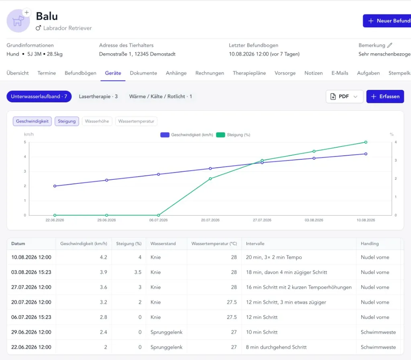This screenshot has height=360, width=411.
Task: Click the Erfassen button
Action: coord(385,96)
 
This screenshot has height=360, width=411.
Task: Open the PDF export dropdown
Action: coord(344,96)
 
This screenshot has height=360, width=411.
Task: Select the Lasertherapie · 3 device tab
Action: coord(98,96)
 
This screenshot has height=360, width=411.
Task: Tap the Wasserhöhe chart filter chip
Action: coord(97,121)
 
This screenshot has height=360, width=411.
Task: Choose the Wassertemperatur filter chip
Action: coord(136,121)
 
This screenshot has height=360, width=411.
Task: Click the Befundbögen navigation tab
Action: coord(80,73)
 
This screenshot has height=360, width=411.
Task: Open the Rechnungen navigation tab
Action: coord(210,73)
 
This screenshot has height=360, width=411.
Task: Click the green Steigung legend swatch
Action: coord(220,135)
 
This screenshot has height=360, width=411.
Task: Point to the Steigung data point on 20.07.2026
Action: coord(210,179)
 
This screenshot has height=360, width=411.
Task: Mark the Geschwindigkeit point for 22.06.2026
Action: coord(55,186)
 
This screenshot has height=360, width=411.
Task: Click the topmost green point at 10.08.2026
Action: coord(366,142)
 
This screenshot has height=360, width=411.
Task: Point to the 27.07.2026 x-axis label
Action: coord(262,220)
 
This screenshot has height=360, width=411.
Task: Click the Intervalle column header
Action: coord(255,244)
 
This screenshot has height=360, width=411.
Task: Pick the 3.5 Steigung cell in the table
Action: coord(138,272)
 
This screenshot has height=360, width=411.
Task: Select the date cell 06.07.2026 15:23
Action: coord(31,317)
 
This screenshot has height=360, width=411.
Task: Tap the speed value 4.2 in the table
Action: coord(104,257)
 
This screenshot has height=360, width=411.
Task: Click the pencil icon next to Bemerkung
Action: coord(390,45)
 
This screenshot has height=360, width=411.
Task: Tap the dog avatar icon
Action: coord(18,21)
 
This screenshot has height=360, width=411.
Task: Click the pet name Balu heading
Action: coord(47,16)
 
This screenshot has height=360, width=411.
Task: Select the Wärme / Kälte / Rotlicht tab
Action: coord(161,96)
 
